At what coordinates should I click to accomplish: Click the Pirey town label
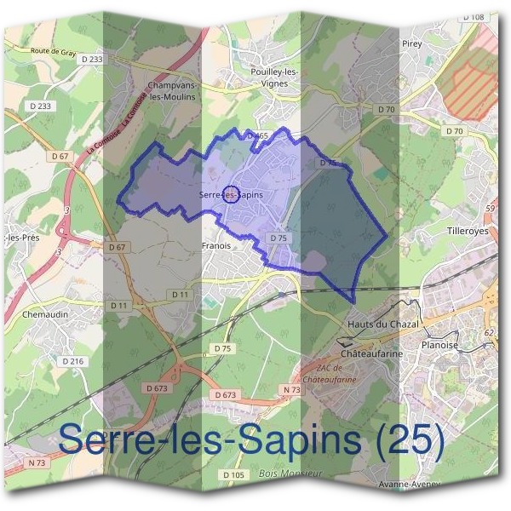click(414, 42)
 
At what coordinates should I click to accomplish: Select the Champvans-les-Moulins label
click(171, 92)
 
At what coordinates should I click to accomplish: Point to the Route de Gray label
click(53, 51)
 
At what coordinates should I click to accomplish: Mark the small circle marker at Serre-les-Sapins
click(229, 194)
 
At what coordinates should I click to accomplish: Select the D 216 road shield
click(74, 361)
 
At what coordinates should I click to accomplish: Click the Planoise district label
click(439, 345)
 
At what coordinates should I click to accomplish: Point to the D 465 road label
click(256, 135)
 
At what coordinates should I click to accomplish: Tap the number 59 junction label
click(490, 209)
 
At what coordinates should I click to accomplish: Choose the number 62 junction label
click(490, 333)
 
